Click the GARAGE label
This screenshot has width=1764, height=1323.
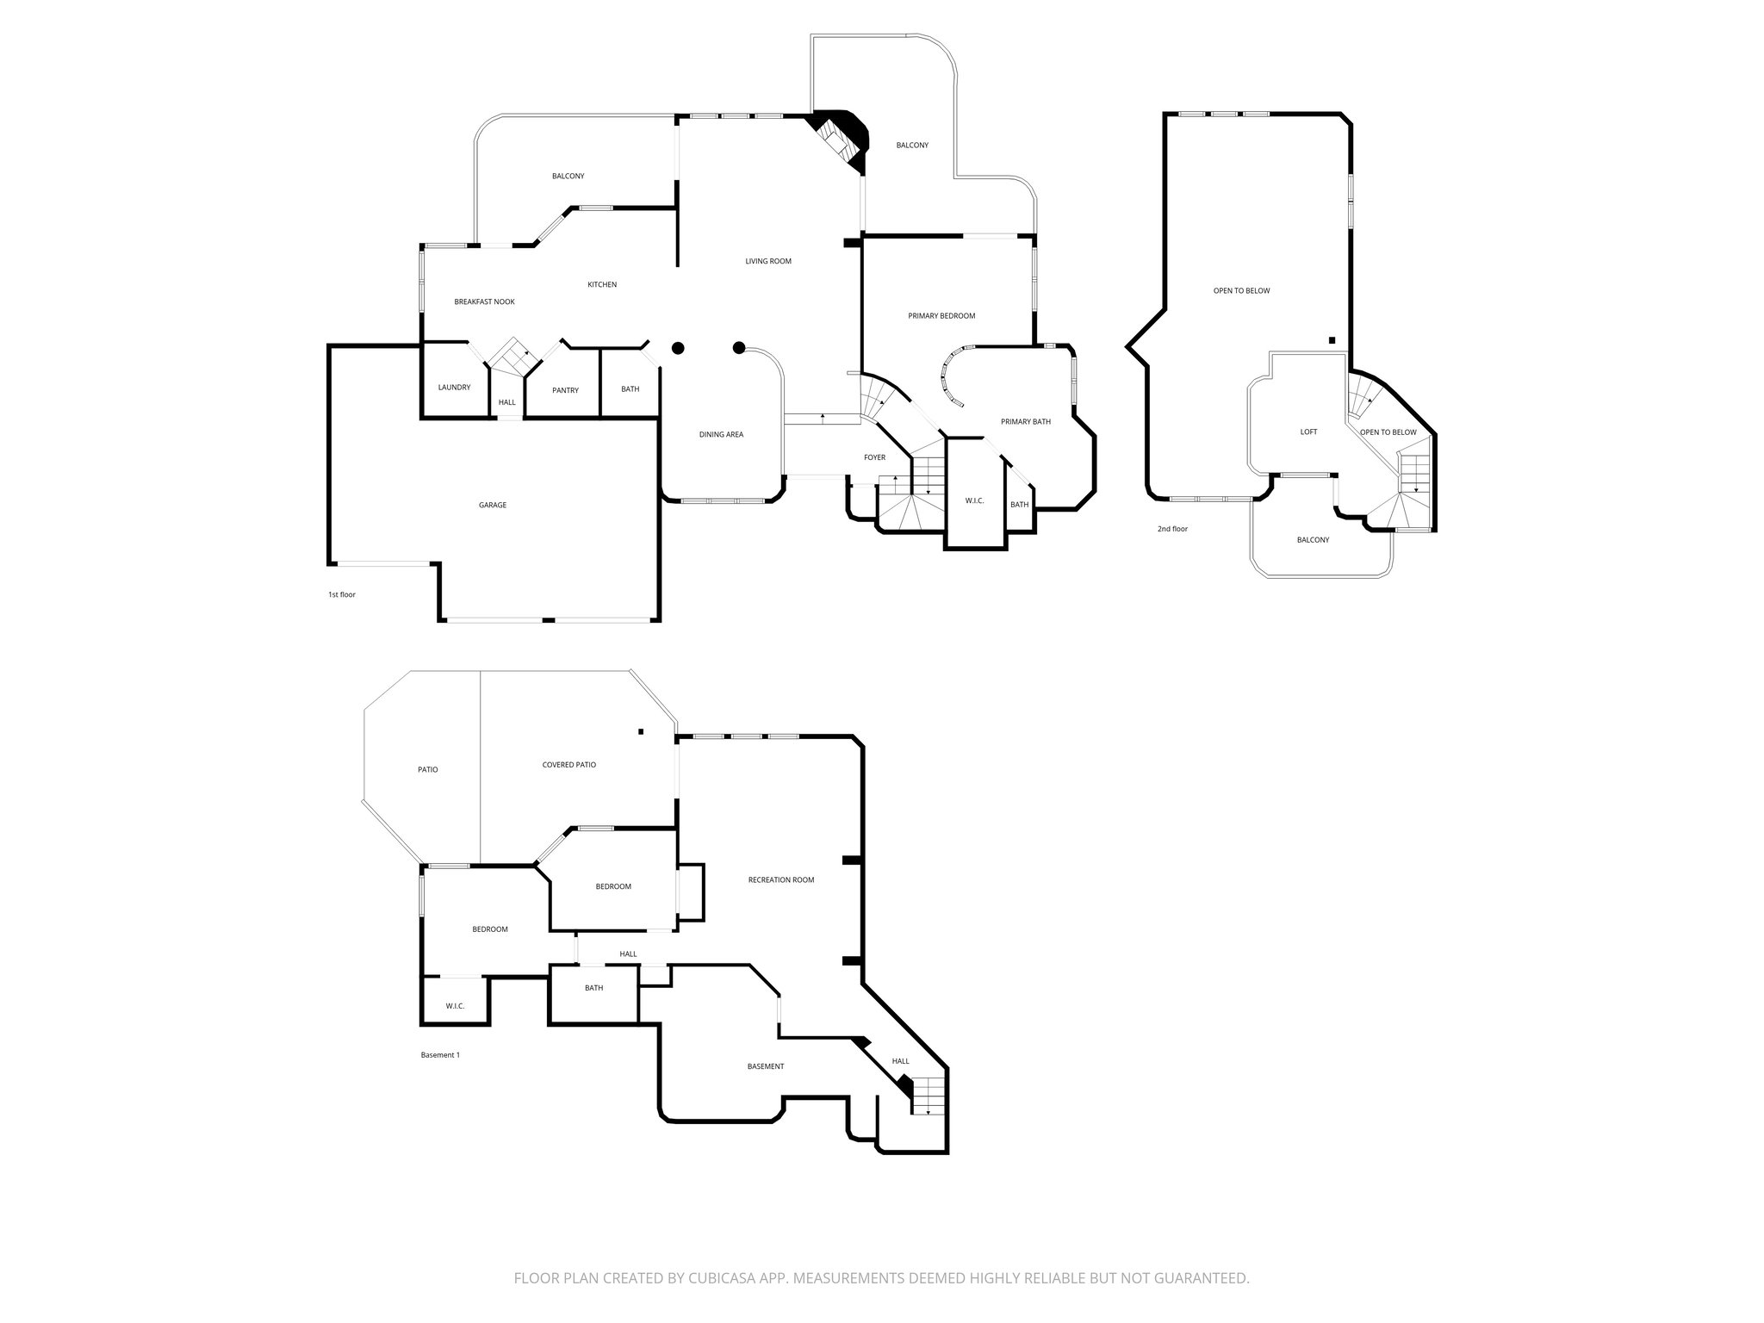point(493,505)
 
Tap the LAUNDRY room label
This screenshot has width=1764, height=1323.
point(454,388)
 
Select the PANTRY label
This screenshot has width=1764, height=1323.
point(565,390)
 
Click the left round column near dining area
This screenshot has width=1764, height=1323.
point(678,348)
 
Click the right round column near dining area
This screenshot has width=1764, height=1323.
point(738,348)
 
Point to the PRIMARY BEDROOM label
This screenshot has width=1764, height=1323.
point(941,316)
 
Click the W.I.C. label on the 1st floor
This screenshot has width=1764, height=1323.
point(974,501)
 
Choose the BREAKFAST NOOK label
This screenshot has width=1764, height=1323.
point(484,302)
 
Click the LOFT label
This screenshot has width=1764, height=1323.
point(1308,432)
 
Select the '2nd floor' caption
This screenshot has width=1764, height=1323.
point(1172,529)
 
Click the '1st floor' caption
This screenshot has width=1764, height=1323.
point(341,595)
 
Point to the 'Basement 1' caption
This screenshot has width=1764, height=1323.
point(440,1055)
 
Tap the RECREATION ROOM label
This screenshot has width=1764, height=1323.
point(781,880)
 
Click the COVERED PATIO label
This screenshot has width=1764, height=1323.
point(568,765)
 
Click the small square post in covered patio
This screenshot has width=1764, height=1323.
point(641,732)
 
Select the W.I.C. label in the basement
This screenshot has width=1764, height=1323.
point(455,1006)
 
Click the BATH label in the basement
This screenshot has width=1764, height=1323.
point(593,988)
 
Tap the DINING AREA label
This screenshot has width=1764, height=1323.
point(721,435)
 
